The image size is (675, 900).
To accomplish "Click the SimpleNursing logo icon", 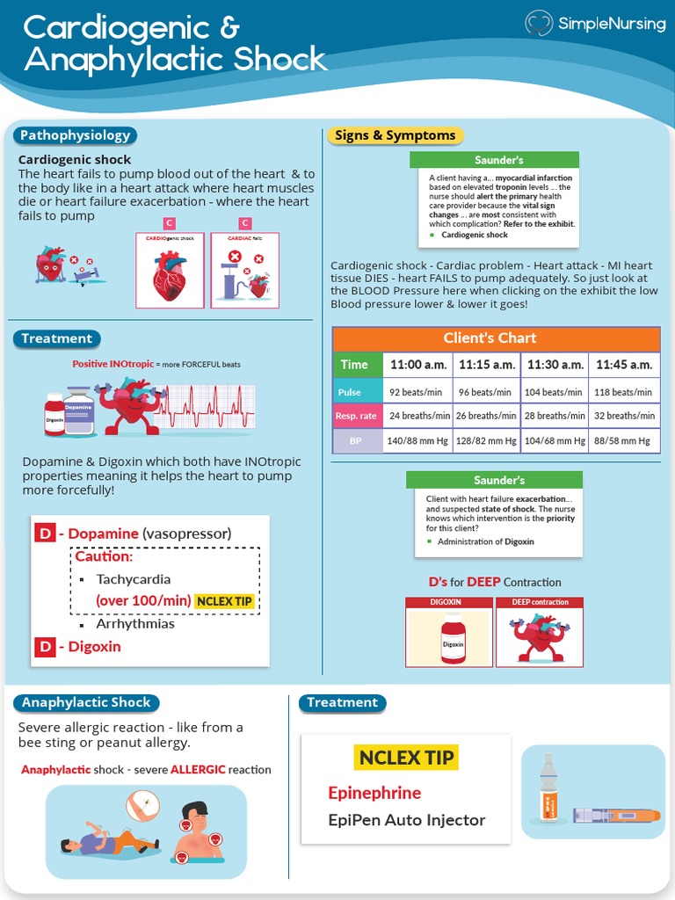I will click(x=540, y=24).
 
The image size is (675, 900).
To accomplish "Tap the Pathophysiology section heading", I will click(x=76, y=135).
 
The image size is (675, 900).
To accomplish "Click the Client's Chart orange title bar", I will click(x=496, y=338).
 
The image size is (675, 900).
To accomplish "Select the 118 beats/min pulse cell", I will click(x=623, y=392).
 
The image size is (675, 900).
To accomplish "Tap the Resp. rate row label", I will click(x=357, y=416).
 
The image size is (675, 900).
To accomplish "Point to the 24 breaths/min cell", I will click(x=419, y=416).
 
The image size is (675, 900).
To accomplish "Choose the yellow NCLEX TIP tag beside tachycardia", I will click(x=229, y=601).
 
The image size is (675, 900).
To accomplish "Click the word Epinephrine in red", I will click(x=374, y=793).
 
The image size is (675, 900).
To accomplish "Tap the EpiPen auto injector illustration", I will click(x=616, y=816).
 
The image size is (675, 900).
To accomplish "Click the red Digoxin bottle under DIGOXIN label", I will click(x=453, y=638).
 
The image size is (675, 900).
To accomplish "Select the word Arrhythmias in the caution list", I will click(x=135, y=624).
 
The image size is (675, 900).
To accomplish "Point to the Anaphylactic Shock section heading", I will click(x=87, y=702).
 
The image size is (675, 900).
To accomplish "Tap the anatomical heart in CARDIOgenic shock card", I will click(x=170, y=274).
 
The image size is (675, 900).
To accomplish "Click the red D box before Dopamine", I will click(x=45, y=533).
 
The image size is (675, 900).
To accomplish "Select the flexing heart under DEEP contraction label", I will click(x=540, y=637).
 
